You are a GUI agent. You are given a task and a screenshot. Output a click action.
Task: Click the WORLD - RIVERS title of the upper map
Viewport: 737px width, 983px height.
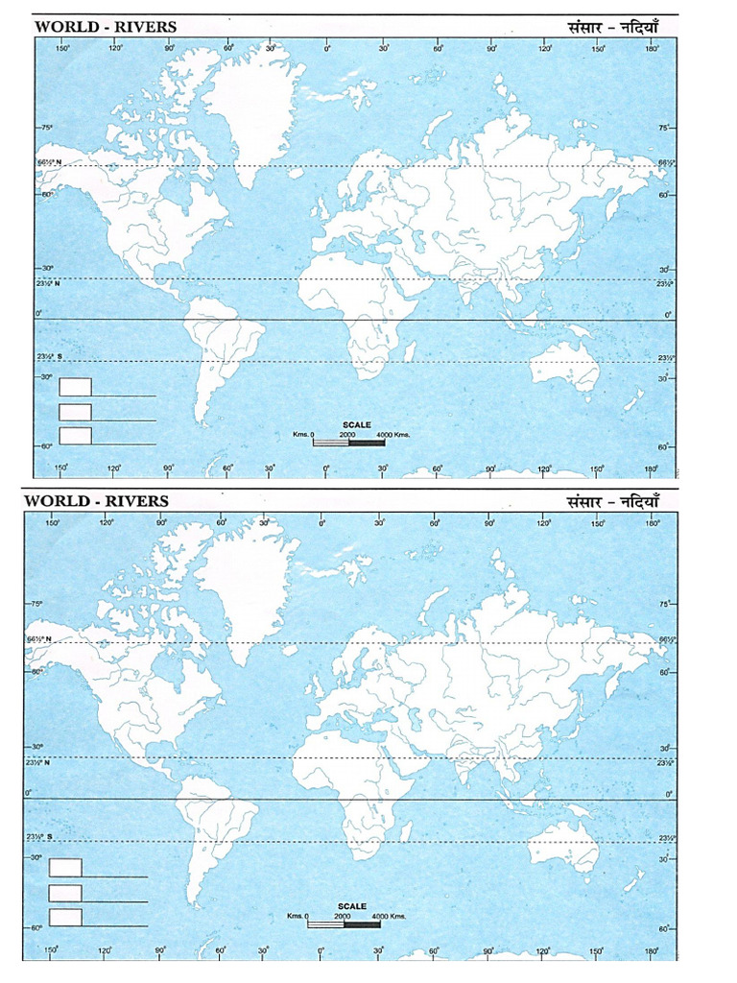coord(106,27)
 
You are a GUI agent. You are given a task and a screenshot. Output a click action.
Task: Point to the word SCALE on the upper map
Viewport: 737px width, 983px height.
coord(356,423)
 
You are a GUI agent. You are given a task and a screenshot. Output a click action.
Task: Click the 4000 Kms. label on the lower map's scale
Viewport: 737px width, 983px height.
coord(389,917)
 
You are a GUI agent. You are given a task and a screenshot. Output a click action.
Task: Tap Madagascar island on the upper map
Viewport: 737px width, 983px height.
coord(408,350)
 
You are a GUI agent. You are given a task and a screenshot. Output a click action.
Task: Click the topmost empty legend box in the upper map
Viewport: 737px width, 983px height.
coord(75,387)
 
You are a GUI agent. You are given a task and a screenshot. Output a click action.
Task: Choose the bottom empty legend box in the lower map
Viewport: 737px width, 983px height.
coord(65,917)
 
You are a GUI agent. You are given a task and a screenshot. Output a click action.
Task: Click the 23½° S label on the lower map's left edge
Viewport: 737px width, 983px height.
coord(37,838)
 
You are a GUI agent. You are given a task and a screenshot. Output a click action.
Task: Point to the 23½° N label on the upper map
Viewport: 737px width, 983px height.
coord(48,284)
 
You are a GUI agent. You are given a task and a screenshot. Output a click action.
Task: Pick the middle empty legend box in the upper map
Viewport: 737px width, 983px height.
coord(75,411)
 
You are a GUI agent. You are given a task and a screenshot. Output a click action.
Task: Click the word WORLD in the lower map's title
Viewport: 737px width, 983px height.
coord(51,500)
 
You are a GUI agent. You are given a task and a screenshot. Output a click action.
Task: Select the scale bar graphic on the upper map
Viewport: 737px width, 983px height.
coord(350,443)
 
